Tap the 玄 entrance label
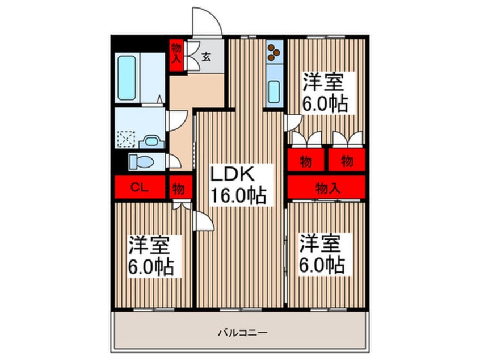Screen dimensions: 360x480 coord(208,57)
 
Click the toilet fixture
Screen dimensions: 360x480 coord(141,162)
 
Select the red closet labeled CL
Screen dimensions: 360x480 coord(140,187)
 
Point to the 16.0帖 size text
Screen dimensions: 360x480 coord(238,196)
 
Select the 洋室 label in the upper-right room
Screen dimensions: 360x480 coord(323,83)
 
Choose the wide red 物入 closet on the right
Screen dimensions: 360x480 coord(326,187)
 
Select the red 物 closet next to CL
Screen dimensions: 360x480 coord(178,187)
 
